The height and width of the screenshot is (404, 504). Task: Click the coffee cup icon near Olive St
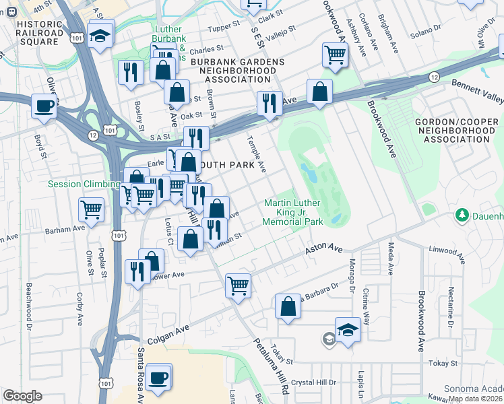click(x=45, y=106)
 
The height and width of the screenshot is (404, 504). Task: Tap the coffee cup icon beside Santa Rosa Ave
click(x=158, y=377)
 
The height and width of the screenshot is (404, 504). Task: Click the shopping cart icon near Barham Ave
click(x=91, y=208)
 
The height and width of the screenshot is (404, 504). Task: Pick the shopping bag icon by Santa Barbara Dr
click(x=288, y=306)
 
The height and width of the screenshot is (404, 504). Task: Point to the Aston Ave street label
click(x=324, y=249)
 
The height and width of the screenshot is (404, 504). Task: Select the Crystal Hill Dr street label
click(x=313, y=382)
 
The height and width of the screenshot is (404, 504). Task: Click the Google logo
click(x=22, y=396)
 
